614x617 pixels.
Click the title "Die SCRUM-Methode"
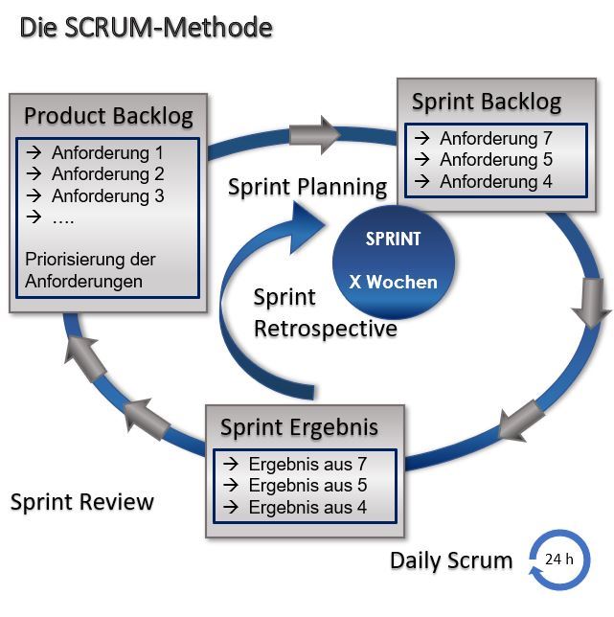tap(146, 28)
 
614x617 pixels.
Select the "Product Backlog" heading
tap(108, 116)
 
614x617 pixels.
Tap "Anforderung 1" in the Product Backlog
tap(107, 152)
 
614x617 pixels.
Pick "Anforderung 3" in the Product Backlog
tap(107, 196)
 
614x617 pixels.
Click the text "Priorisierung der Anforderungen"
tap(91, 270)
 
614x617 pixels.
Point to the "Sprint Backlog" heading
tap(487, 102)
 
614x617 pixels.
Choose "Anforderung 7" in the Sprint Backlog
tap(495, 138)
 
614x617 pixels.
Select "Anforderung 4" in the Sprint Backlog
tap(495, 181)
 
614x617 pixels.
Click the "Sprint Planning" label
tap(307, 187)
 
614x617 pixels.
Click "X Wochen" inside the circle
tap(393, 282)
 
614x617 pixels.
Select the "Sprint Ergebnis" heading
tap(299, 426)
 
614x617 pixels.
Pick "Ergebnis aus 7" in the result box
tap(307, 464)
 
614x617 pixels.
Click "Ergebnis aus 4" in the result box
tap(307, 507)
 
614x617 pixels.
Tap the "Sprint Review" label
tap(81, 502)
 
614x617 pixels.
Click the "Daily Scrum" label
tap(451, 560)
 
